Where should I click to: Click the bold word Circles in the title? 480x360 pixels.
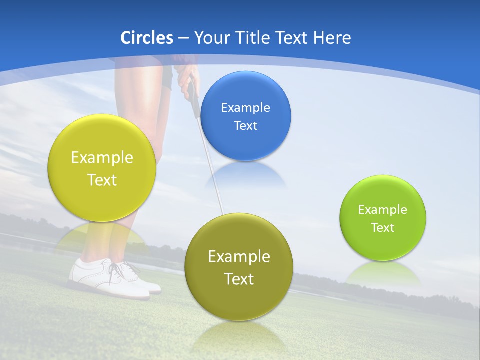pyautogui.click(x=147, y=38)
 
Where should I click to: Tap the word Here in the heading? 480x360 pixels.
pyautogui.click(x=332, y=38)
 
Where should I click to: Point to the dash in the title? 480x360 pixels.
pyautogui.click(x=183, y=38)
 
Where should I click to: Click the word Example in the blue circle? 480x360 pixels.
pyautogui.click(x=246, y=107)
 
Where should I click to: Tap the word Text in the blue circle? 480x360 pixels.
pyautogui.click(x=246, y=125)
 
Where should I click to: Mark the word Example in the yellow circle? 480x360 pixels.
pyautogui.click(x=102, y=158)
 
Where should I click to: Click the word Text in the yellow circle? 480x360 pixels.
pyautogui.click(x=102, y=180)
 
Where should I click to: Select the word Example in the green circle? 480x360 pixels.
pyautogui.click(x=383, y=210)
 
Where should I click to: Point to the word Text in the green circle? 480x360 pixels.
pyautogui.click(x=383, y=228)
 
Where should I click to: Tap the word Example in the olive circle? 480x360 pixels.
pyautogui.click(x=239, y=257)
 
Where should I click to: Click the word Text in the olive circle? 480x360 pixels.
pyautogui.click(x=239, y=279)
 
